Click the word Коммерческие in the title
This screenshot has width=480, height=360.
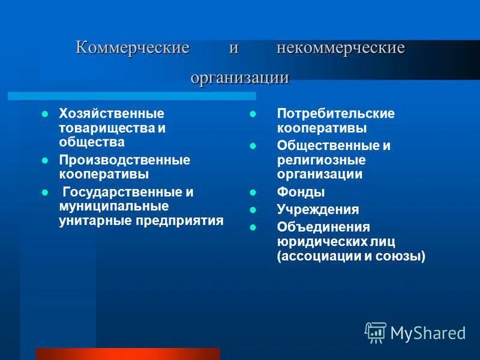133,49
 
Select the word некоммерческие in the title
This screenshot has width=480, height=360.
340,49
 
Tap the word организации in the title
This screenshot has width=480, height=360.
240,77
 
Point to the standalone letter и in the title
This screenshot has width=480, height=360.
234,49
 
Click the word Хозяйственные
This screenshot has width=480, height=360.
111,113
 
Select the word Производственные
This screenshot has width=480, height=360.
124,160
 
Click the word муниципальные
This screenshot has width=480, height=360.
113,206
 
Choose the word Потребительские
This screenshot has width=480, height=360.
335,113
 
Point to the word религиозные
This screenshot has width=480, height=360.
321,160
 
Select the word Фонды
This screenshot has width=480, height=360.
301,193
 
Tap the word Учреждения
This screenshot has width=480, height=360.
317,209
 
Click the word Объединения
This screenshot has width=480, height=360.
323,227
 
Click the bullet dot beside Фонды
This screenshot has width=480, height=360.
253,193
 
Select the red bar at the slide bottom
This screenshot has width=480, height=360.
128,353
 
